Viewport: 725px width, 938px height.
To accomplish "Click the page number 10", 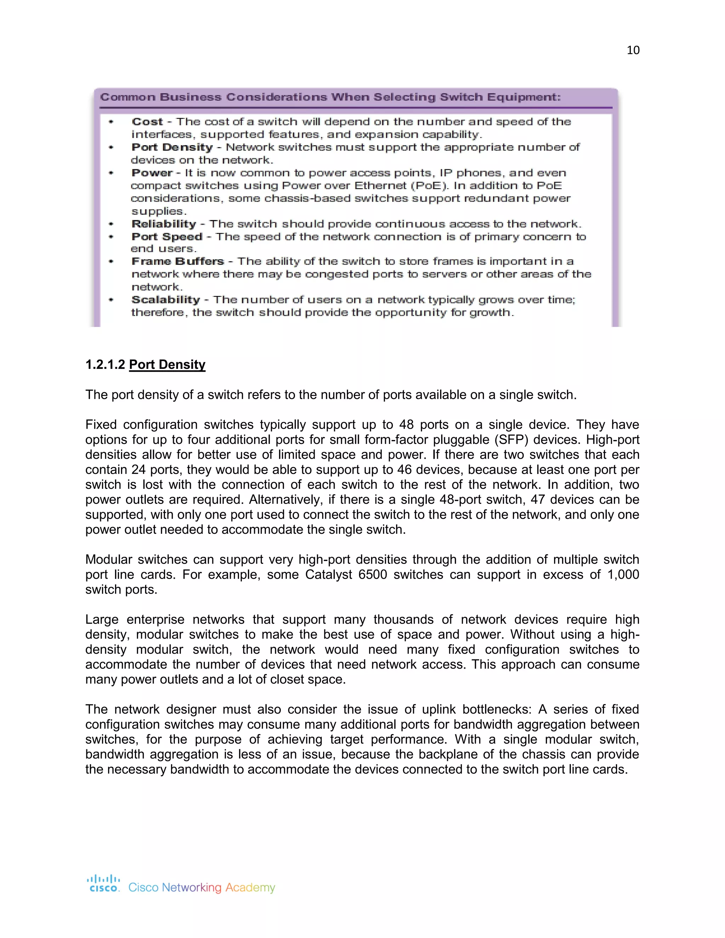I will tap(633, 50).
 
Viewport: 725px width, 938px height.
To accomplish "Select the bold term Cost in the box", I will tap(147, 122).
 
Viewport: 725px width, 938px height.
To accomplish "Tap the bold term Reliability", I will tap(163, 224).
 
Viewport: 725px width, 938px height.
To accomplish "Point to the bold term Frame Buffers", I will tap(177, 262).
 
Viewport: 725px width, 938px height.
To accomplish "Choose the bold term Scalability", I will tap(165, 300).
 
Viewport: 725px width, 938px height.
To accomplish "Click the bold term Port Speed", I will tap(167, 237).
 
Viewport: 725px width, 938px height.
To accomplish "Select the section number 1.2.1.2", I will tap(105, 365).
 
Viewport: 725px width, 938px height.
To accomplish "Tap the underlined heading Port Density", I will tap(167, 365).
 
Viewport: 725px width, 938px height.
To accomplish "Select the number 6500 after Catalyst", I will tap(373, 574).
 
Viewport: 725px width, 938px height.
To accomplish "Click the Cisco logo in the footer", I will tap(104, 883).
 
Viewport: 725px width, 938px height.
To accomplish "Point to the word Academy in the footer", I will tap(250, 887).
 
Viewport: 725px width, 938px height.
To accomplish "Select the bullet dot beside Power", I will tap(111, 173).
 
